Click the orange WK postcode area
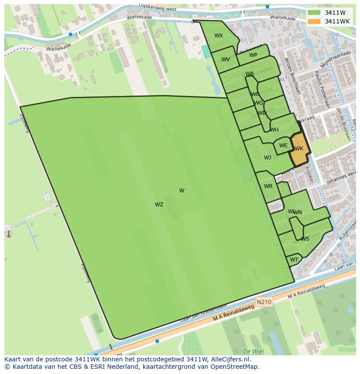299,149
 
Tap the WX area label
219,36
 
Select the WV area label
226,60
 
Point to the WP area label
253,55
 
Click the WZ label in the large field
159,205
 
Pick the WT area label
294,260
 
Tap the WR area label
268,186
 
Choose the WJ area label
267,158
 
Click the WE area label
283,146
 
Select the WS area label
305,239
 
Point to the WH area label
274,130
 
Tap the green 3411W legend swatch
314,13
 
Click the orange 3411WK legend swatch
314,21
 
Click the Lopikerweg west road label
157,7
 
